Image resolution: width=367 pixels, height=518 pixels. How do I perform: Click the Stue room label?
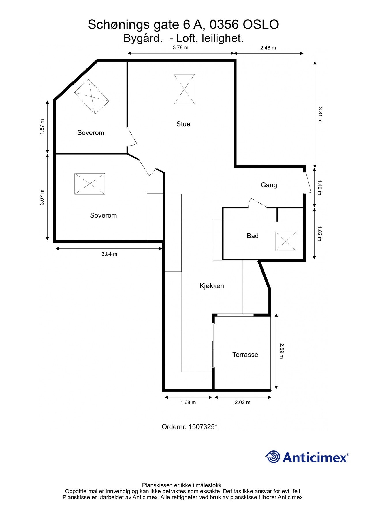(183, 124)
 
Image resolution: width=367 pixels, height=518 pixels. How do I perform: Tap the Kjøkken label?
(212, 286)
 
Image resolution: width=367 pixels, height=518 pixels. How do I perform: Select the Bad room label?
(253, 236)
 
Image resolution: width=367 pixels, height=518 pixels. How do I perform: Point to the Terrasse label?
(245, 355)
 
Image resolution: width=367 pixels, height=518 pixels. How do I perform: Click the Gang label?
(269, 185)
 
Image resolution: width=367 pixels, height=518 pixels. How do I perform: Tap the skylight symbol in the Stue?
(184, 89)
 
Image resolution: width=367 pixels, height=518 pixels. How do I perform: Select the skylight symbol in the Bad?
(286, 241)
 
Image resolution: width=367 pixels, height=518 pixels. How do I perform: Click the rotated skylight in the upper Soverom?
(92, 97)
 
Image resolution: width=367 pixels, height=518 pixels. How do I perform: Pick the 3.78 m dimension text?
(180, 48)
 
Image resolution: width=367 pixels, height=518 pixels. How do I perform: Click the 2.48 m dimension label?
(268, 48)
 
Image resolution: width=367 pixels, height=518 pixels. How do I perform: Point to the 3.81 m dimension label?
(320, 115)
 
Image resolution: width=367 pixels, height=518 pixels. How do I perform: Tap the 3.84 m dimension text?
(110, 254)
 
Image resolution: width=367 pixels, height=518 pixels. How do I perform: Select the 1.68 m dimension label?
(188, 402)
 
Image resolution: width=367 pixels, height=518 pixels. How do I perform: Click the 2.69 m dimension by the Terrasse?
(281, 351)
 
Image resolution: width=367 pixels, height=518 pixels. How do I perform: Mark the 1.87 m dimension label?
(42, 127)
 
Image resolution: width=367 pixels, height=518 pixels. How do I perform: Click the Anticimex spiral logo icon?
(273, 457)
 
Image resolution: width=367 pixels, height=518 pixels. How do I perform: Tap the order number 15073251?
(203, 426)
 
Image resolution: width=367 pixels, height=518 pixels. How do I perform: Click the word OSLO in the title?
(261, 25)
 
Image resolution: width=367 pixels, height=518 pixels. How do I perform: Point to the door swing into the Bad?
(257, 203)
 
